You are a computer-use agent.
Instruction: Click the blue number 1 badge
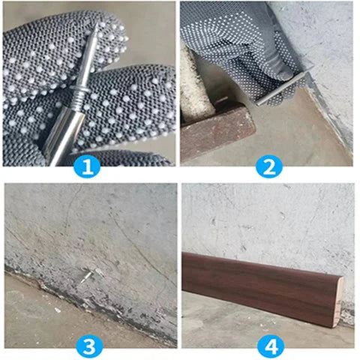click(x=87, y=166)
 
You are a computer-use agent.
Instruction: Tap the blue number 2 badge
click(x=268, y=166)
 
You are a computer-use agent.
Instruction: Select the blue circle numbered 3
click(x=87, y=346)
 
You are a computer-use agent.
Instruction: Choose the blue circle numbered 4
click(x=268, y=346)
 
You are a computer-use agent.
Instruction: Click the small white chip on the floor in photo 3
click(x=58, y=309)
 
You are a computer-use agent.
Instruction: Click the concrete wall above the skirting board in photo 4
click(x=262, y=217)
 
